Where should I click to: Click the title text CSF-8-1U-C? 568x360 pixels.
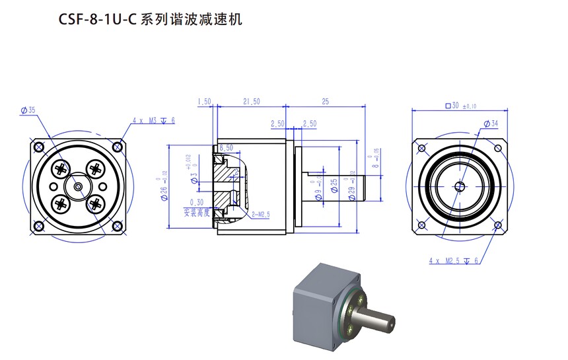coord(96,20)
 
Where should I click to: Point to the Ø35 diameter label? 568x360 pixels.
coord(28,110)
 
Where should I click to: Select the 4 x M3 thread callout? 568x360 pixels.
coord(153,120)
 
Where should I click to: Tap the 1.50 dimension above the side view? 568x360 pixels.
coord(203,101)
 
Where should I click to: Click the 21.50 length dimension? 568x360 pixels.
coord(252,101)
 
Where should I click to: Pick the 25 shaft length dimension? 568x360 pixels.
coord(325,101)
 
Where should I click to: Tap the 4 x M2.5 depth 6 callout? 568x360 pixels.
coord(454,261)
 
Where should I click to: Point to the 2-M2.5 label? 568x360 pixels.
coord(262,215)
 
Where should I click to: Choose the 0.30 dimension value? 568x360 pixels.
coord(196,202)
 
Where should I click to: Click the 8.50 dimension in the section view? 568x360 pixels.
coord(225,147)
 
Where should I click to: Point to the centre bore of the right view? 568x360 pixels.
coord(458,186)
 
